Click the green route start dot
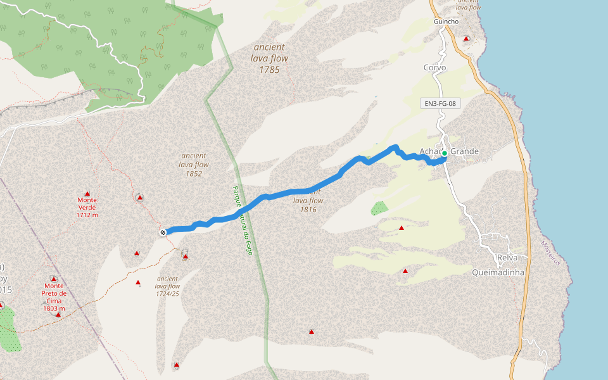(x=445, y=153)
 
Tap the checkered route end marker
(x=163, y=232)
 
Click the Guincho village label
(x=446, y=22)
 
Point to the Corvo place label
(x=434, y=67)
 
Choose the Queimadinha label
(x=498, y=272)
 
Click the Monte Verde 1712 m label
(x=87, y=207)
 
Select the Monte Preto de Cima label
(x=54, y=297)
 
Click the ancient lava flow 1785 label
(x=270, y=58)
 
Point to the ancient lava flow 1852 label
(x=194, y=164)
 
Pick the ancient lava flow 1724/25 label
(x=168, y=286)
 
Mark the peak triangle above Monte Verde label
(x=87, y=194)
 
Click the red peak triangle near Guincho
(x=467, y=39)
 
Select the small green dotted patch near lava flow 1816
(x=379, y=207)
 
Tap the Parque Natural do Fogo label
(x=242, y=218)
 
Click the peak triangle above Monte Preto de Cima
(x=54, y=279)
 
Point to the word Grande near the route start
(x=465, y=152)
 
